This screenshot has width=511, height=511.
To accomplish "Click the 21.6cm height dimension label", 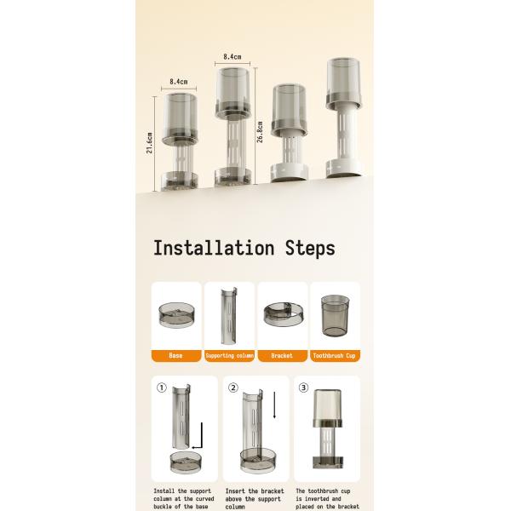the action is tap(149, 143).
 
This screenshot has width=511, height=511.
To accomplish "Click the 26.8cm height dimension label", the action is tap(260, 132).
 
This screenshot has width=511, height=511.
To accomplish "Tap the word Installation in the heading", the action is tap(214, 248).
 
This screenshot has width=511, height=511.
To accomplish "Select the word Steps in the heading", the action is tap(310, 249).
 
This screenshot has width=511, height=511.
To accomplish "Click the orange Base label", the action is tap(176, 355).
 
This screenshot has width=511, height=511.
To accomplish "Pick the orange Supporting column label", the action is tap(229, 355).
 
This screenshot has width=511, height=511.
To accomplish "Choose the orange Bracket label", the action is tap(282, 355).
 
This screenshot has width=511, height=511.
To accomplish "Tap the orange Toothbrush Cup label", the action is tap(335, 355).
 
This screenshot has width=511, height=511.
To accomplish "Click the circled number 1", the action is tap(162, 388).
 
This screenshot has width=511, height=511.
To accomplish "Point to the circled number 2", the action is tap(233, 388).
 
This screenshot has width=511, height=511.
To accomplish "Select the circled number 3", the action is tap(303, 388).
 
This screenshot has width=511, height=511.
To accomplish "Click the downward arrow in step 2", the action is tap(274, 405).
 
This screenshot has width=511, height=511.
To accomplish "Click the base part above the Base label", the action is tap(176, 315).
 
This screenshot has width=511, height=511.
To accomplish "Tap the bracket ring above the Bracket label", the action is tap(284, 313).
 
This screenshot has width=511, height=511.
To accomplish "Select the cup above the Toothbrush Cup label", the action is tap(335, 316).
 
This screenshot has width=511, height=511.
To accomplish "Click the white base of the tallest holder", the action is tap(344, 168).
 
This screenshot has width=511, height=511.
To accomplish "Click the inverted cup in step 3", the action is tap(328, 408).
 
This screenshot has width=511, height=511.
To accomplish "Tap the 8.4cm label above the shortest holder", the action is tap(179, 82).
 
